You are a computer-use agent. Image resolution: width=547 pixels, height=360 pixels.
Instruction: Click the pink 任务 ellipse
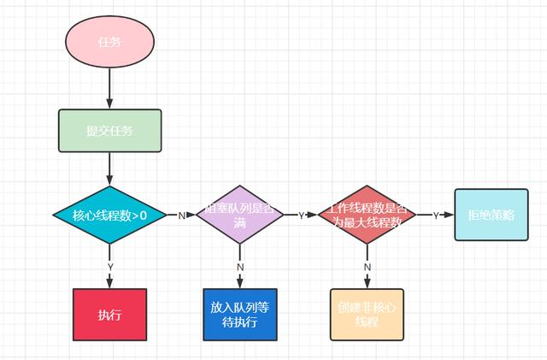(x=110, y=41)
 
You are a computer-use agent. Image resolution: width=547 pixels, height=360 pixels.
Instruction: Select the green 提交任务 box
(x=110, y=131)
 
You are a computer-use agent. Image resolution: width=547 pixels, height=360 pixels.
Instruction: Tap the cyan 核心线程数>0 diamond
(x=110, y=215)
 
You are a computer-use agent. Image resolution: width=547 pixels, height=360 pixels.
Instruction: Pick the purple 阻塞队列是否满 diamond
(x=240, y=215)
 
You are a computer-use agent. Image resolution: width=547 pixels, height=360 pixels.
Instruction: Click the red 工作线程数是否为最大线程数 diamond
(x=367, y=215)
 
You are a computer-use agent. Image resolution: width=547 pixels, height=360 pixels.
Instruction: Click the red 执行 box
(x=110, y=315)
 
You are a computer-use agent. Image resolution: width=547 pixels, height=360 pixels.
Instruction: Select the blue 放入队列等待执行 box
(x=240, y=315)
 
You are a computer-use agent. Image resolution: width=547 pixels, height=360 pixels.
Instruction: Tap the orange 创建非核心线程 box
(x=367, y=315)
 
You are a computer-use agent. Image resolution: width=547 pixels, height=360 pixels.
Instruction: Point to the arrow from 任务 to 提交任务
(x=110, y=86)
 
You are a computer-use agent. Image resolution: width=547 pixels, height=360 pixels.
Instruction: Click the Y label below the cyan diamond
(x=110, y=267)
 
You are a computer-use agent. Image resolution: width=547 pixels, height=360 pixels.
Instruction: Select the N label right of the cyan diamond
(x=181, y=215)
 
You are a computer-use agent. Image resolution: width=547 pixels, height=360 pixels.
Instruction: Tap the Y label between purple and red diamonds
(x=301, y=215)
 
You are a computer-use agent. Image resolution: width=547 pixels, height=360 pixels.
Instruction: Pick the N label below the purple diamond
(x=240, y=267)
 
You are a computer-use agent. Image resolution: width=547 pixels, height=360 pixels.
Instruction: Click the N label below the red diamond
(x=367, y=267)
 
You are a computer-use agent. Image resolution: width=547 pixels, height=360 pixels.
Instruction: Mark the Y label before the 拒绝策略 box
(x=436, y=215)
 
